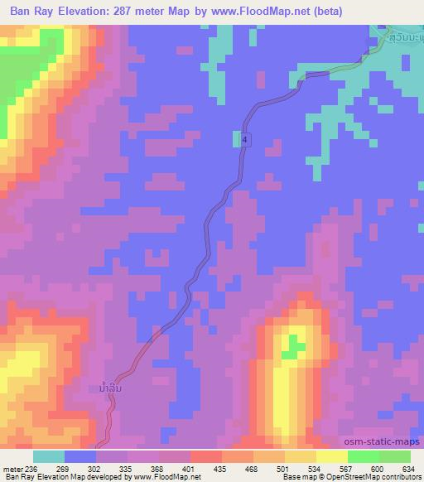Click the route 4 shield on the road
pyautogui.click(x=245, y=141)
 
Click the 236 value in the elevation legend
pyautogui.click(x=29, y=468)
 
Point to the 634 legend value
pyautogui.click(x=407, y=468)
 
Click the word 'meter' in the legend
pyautogui.click(x=11, y=468)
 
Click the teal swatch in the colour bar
pyautogui.click(x=49, y=456)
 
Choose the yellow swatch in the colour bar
pyautogui.click(x=331, y=456)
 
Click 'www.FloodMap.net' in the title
pyautogui.click(x=250, y=12)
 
